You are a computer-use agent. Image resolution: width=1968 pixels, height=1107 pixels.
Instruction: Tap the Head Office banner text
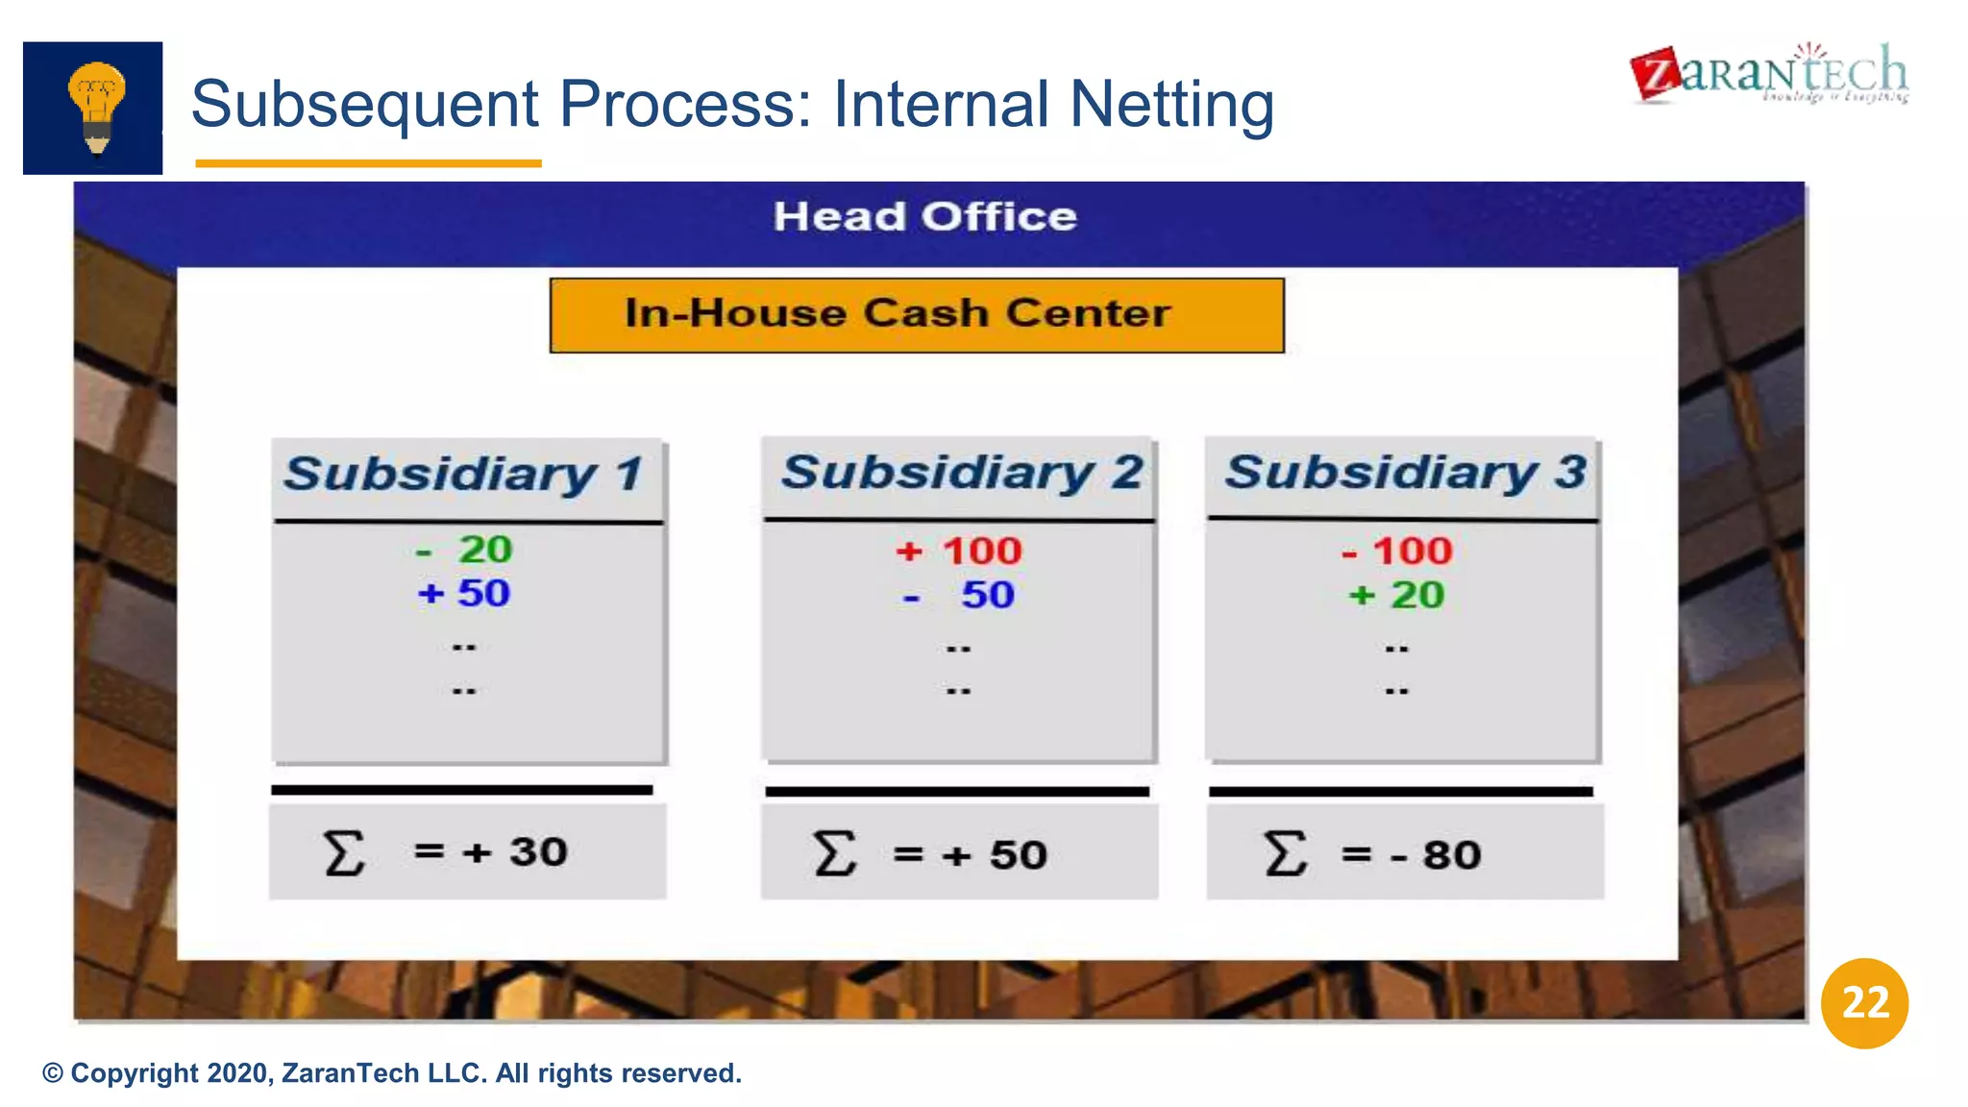[924, 217]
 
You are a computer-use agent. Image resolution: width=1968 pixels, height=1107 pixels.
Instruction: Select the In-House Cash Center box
[916, 315]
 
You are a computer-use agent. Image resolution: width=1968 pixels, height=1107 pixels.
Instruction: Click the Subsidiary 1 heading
[464, 475]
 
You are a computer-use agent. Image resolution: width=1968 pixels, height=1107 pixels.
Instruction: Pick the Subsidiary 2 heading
[961, 473]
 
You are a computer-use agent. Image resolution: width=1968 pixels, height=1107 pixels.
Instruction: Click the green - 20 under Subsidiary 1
[466, 550]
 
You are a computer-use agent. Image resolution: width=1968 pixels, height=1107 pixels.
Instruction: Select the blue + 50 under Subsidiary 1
[464, 594]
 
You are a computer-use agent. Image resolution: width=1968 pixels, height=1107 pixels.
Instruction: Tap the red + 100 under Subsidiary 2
[959, 552]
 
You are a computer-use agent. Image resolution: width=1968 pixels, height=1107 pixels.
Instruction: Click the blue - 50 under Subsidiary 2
[959, 596]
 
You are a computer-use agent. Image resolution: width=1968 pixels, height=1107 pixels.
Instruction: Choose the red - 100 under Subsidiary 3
[1397, 552]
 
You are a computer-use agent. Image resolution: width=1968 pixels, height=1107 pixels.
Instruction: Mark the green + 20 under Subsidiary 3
[1396, 596]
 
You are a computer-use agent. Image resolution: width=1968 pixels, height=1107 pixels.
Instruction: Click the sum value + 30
[515, 852]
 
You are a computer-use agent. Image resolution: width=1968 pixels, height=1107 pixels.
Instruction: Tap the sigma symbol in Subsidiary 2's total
[833, 853]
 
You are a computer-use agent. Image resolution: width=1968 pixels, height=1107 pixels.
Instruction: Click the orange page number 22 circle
[1864, 1003]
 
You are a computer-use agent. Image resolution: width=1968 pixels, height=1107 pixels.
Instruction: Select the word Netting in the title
[1171, 104]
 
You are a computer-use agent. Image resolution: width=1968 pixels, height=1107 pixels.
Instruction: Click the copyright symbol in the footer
[53, 1073]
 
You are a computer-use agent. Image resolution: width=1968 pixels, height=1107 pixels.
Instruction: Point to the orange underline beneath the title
[368, 163]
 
